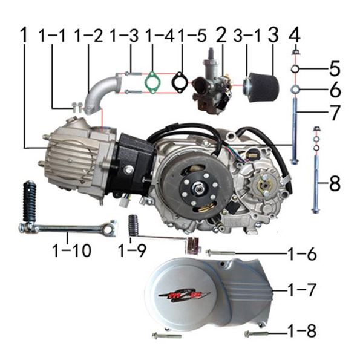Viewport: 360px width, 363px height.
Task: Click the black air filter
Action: [x=261, y=85]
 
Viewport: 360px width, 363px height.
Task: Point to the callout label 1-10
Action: [x=72, y=250]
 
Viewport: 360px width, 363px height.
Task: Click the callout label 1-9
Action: [x=132, y=250]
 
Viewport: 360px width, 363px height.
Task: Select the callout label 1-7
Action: [x=302, y=290]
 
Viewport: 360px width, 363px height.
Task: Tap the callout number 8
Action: [x=335, y=183]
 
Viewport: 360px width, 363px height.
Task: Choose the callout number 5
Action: [x=335, y=69]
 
